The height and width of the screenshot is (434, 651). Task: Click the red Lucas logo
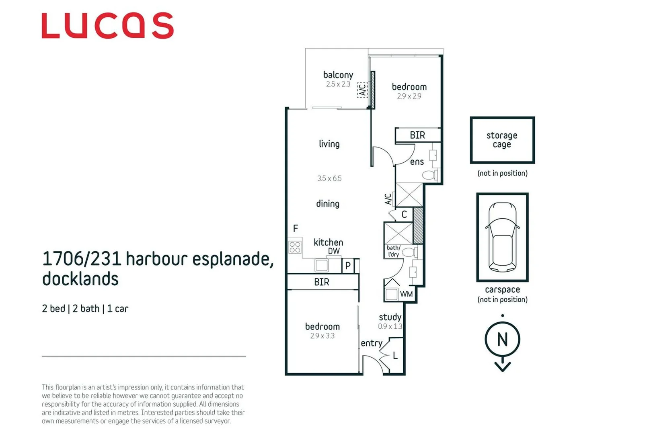(x=107, y=26)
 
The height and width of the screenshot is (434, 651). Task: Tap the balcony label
(x=338, y=75)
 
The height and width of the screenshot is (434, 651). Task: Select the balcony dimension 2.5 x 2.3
(x=338, y=84)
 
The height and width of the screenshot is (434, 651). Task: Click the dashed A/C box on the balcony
(x=362, y=90)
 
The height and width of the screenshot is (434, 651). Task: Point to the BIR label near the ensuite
(x=417, y=135)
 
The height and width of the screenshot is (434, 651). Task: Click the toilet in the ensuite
(x=430, y=175)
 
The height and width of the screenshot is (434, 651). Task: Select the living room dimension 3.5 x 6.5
(x=329, y=178)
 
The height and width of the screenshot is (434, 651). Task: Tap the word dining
(x=327, y=204)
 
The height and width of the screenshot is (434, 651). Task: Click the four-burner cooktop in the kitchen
(x=295, y=247)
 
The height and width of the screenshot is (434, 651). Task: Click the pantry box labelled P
(x=348, y=266)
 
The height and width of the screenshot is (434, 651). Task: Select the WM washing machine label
(x=406, y=294)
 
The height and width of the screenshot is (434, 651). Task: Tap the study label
(x=390, y=317)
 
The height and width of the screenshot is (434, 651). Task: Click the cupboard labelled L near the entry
(x=395, y=355)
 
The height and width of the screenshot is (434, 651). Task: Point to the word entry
(x=371, y=343)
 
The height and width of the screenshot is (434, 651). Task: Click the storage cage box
(x=502, y=140)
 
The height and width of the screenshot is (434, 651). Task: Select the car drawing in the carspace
(x=502, y=237)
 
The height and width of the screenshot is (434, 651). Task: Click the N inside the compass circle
(x=502, y=340)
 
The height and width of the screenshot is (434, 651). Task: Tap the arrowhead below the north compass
(x=502, y=366)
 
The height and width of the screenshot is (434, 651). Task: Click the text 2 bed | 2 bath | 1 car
(x=85, y=309)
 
